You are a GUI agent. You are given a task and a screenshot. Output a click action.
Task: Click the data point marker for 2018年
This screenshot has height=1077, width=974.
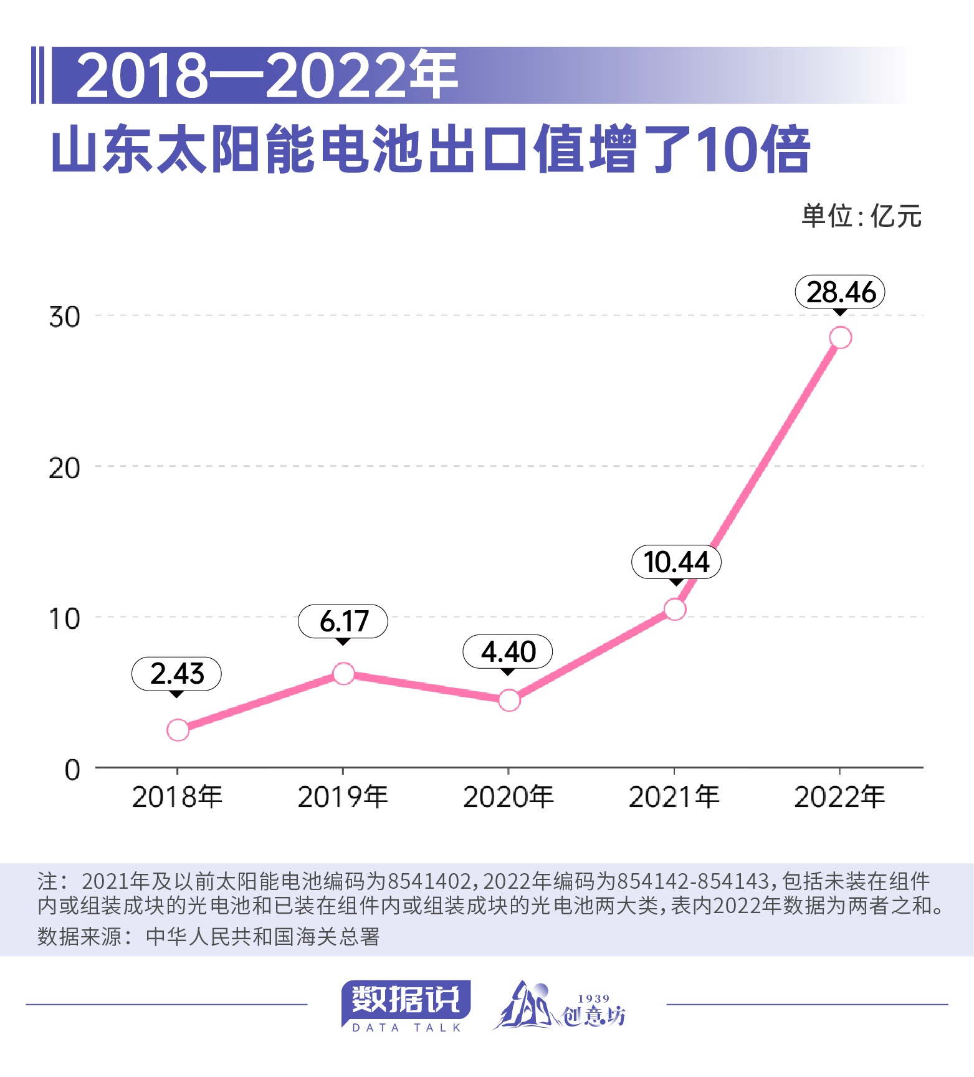click(x=178, y=730)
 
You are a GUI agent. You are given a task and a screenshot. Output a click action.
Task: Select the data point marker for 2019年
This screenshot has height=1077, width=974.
click(x=343, y=674)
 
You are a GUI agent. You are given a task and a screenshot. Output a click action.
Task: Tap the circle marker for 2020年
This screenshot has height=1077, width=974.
click(x=509, y=701)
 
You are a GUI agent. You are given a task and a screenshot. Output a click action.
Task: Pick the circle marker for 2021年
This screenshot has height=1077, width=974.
click(x=675, y=609)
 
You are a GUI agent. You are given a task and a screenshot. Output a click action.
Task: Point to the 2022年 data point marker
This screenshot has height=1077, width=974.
click(x=840, y=337)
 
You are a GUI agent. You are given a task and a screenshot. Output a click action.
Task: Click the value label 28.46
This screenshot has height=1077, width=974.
click(x=840, y=292)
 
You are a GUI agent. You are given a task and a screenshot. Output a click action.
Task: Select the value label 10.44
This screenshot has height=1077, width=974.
click(x=676, y=562)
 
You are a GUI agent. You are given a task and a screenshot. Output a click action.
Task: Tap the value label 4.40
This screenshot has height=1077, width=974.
click(x=508, y=652)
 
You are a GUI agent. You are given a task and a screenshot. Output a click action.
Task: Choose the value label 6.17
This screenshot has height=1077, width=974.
click(x=343, y=621)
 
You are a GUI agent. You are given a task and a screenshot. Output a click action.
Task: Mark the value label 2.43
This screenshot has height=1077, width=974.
click(x=177, y=674)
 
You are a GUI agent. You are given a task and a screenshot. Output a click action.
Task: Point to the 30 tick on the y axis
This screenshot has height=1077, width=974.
click(x=64, y=317)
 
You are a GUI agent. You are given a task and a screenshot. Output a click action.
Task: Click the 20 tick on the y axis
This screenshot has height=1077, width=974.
click(x=64, y=468)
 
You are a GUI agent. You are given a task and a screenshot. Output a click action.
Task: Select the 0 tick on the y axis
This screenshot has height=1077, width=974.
click(x=72, y=770)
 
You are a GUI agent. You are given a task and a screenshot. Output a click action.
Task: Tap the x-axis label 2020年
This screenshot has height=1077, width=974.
click(x=508, y=797)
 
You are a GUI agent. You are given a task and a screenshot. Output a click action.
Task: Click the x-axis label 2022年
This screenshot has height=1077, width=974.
click(x=839, y=797)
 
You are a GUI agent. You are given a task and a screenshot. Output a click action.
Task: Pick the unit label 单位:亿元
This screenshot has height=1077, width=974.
click(x=861, y=216)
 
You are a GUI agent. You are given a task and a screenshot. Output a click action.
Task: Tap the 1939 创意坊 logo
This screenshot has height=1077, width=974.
click(x=560, y=1006)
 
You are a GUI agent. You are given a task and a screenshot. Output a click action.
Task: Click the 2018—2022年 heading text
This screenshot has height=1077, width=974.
click(x=267, y=75)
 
